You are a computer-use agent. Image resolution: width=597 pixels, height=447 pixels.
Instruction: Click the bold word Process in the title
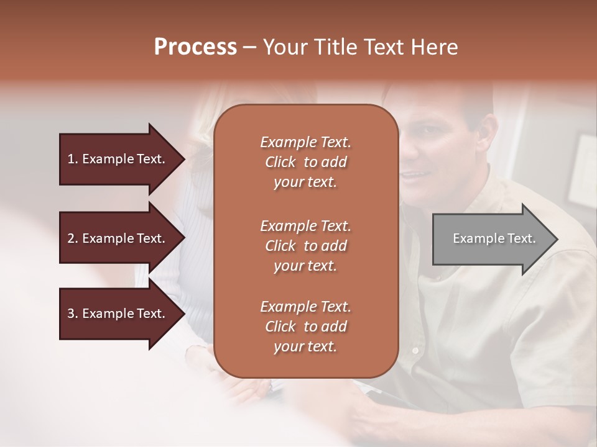[195, 47]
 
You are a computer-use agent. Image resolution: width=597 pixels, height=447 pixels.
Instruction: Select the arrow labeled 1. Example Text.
[118, 159]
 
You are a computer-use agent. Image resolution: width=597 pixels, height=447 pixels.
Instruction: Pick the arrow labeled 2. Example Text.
[118, 238]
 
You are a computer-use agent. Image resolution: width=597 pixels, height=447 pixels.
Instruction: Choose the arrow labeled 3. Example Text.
[118, 314]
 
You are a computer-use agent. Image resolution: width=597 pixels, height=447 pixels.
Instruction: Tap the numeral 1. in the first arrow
[73, 159]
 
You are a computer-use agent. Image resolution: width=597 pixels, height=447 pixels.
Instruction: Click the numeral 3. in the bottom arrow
[73, 314]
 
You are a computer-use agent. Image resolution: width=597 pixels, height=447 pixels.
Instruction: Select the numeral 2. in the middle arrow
[73, 238]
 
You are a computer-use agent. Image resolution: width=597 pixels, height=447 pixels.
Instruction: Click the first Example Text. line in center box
[305, 142]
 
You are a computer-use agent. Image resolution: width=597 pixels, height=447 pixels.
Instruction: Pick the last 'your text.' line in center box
[305, 347]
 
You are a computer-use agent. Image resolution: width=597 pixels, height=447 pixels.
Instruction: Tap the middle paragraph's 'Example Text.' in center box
[305, 225]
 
